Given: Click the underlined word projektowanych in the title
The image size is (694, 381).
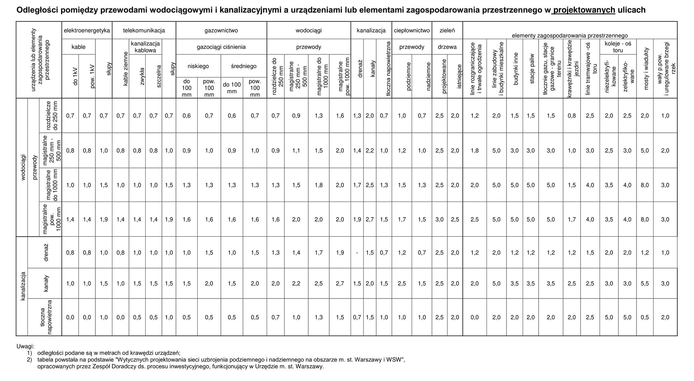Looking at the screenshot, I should (584, 10).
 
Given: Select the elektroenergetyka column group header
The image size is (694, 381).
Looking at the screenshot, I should (87, 31).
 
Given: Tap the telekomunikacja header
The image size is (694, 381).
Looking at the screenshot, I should (144, 31).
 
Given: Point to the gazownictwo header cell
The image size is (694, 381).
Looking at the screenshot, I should (221, 31).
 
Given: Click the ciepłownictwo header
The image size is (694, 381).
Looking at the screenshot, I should (412, 31).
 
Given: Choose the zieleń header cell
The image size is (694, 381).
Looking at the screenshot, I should (447, 31).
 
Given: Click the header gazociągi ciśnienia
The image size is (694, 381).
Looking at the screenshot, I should (221, 47).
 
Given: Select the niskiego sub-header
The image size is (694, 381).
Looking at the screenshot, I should (198, 66).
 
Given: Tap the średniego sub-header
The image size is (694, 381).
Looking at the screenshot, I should (244, 66).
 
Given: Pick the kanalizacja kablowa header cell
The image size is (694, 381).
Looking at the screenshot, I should (145, 47).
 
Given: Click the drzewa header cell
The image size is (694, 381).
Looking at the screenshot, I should (447, 47).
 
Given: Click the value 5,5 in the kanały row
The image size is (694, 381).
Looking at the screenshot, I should (645, 284).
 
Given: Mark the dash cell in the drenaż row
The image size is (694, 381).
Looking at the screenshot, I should (357, 253).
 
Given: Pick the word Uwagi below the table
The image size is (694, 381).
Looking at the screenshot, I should (25, 347).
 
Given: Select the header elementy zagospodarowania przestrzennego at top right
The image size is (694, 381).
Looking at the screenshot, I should (570, 35).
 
